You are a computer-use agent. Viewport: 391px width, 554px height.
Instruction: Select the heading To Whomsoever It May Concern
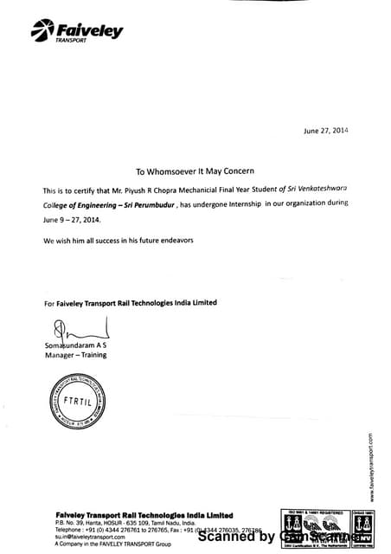click(195, 171)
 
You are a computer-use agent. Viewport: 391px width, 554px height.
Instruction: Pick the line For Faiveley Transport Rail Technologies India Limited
click(130, 302)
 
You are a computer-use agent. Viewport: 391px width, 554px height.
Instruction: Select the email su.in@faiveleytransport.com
click(90, 537)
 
